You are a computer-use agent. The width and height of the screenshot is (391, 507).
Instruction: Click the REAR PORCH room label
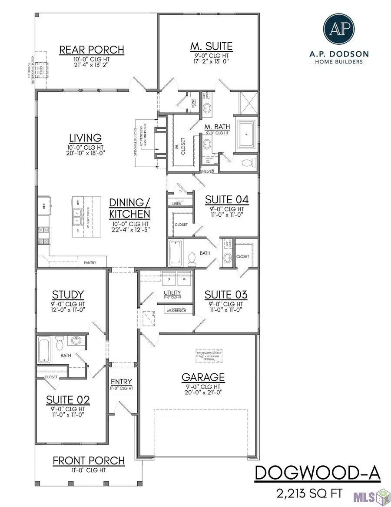[91, 50]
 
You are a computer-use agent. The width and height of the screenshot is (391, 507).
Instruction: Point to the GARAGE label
[203, 377]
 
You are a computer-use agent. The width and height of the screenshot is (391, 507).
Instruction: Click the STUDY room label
[67, 295]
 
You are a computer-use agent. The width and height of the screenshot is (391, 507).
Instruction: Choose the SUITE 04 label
[226, 200]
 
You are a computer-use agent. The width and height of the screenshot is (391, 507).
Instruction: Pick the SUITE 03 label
[226, 295]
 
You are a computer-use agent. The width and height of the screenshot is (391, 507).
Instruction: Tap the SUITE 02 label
[68, 400]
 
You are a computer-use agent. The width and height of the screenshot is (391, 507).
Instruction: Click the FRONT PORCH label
[89, 460]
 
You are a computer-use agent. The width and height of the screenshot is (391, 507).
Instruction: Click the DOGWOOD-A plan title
[317, 473]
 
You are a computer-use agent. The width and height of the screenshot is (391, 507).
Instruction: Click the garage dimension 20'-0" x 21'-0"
[203, 393]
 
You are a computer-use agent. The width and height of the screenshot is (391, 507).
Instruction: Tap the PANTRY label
[90, 262]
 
